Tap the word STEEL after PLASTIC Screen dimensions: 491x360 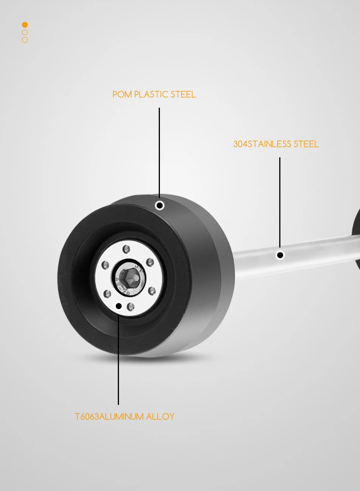pos(183,94)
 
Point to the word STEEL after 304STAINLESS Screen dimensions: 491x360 pos(306,144)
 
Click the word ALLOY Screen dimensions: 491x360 pos(160,417)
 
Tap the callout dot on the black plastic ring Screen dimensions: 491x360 pos(160,205)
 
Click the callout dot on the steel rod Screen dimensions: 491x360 pos(280,255)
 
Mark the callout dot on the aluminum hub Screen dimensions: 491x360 pos(119,306)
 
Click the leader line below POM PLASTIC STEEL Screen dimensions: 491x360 pos(159,152)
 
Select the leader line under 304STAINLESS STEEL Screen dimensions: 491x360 pos(280,201)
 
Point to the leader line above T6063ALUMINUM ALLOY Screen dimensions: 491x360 pos(118,360)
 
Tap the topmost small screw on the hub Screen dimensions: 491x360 pos(127,249)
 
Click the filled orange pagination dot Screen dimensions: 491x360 pos(25,25)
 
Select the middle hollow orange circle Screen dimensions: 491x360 pos(25,33)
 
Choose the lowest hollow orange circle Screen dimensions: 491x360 pos(25,40)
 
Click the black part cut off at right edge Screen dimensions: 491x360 pos(356,239)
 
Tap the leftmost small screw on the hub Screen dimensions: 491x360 pos(106,265)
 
